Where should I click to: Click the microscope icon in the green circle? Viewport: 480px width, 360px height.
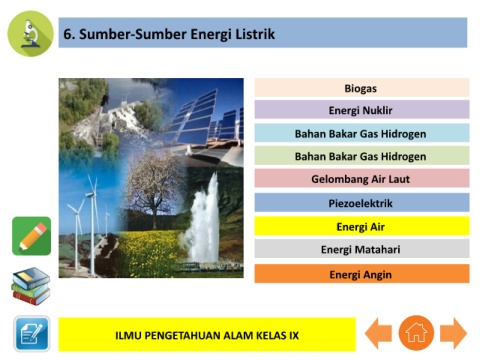(30, 34)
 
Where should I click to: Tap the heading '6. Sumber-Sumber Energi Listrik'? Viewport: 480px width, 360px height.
(169, 34)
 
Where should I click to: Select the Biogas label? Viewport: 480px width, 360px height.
(362, 88)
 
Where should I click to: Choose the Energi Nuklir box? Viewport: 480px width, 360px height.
(362, 110)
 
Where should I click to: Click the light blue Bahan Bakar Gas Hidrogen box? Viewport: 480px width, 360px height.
(362, 133)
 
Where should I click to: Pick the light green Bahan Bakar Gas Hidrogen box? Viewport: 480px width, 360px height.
(362, 156)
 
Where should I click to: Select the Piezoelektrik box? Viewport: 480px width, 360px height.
(362, 202)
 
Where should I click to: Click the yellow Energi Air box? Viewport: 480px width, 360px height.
(362, 226)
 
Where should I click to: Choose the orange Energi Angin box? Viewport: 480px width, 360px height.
(362, 274)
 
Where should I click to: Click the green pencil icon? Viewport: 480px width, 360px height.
(32, 236)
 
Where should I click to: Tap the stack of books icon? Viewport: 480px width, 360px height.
(31, 286)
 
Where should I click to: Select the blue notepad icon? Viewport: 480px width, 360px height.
(32, 334)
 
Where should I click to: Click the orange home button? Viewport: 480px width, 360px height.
(416, 333)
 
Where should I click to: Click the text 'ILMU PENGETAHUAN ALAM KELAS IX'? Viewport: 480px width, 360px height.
(207, 335)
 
